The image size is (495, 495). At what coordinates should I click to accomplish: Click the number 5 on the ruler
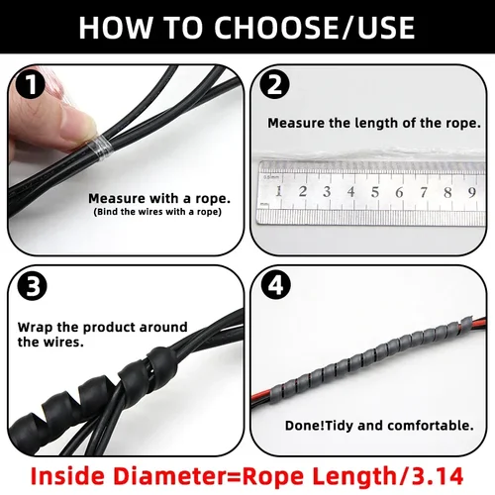point(373,191)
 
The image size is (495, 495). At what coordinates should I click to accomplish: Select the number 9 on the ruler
point(470,191)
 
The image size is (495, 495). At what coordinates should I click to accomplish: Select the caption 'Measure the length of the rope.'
point(374,124)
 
